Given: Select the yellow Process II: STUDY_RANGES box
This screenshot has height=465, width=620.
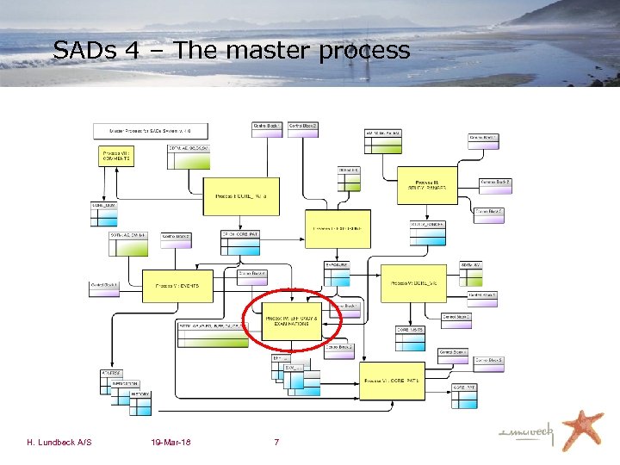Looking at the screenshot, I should click(x=431, y=185).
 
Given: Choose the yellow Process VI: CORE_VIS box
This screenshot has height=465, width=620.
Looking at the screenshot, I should click(x=413, y=282).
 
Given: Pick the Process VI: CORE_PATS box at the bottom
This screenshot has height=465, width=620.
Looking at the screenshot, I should click(x=393, y=380).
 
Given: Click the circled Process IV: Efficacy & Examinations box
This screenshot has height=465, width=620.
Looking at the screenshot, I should click(x=292, y=319).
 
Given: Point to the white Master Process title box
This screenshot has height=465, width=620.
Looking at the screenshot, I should click(x=150, y=131).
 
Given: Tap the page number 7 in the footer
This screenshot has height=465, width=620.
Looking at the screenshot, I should click(x=276, y=443).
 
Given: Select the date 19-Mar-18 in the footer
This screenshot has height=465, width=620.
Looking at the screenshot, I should click(x=170, y=443).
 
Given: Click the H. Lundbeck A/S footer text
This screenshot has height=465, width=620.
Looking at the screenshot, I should click(x=59, y=443).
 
